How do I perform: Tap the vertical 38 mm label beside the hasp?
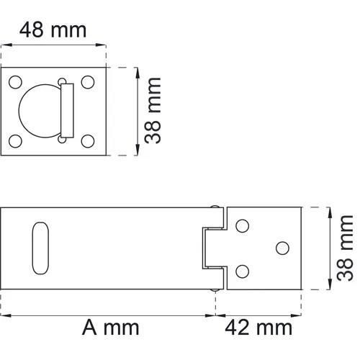346,248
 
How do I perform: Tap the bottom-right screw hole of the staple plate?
89,139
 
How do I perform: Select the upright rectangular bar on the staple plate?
67,110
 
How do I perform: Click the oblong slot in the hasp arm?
39,248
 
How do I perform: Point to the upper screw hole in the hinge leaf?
243,225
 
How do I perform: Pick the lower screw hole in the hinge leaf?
243,271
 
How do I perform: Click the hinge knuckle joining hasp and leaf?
214,248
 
